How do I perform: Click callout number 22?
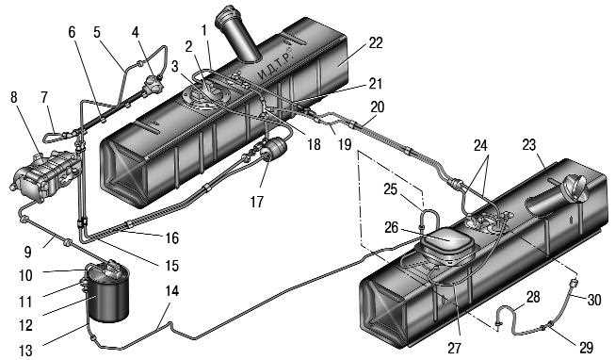click(x=376, y=42)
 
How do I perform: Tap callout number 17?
click(x=257, y=202)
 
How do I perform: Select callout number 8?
click(x=14, y=97)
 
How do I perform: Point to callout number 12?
click(x=25, y=325)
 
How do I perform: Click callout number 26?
click(x=391, y=228)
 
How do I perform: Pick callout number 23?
click(x=528, y=144)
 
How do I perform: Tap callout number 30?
click(x=594, y=300)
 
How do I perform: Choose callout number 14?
click(x=172, y=291)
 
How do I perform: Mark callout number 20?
click(x=378, y=106)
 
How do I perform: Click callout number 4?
click(x=136, y=32)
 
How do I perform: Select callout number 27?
click(x=454, y=348)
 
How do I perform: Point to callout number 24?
click(x=480, y=146)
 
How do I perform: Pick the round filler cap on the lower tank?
click(x=575, y=186)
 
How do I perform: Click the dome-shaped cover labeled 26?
click(x=447, y=240)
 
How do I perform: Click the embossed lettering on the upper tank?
click(x=276, y=64)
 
